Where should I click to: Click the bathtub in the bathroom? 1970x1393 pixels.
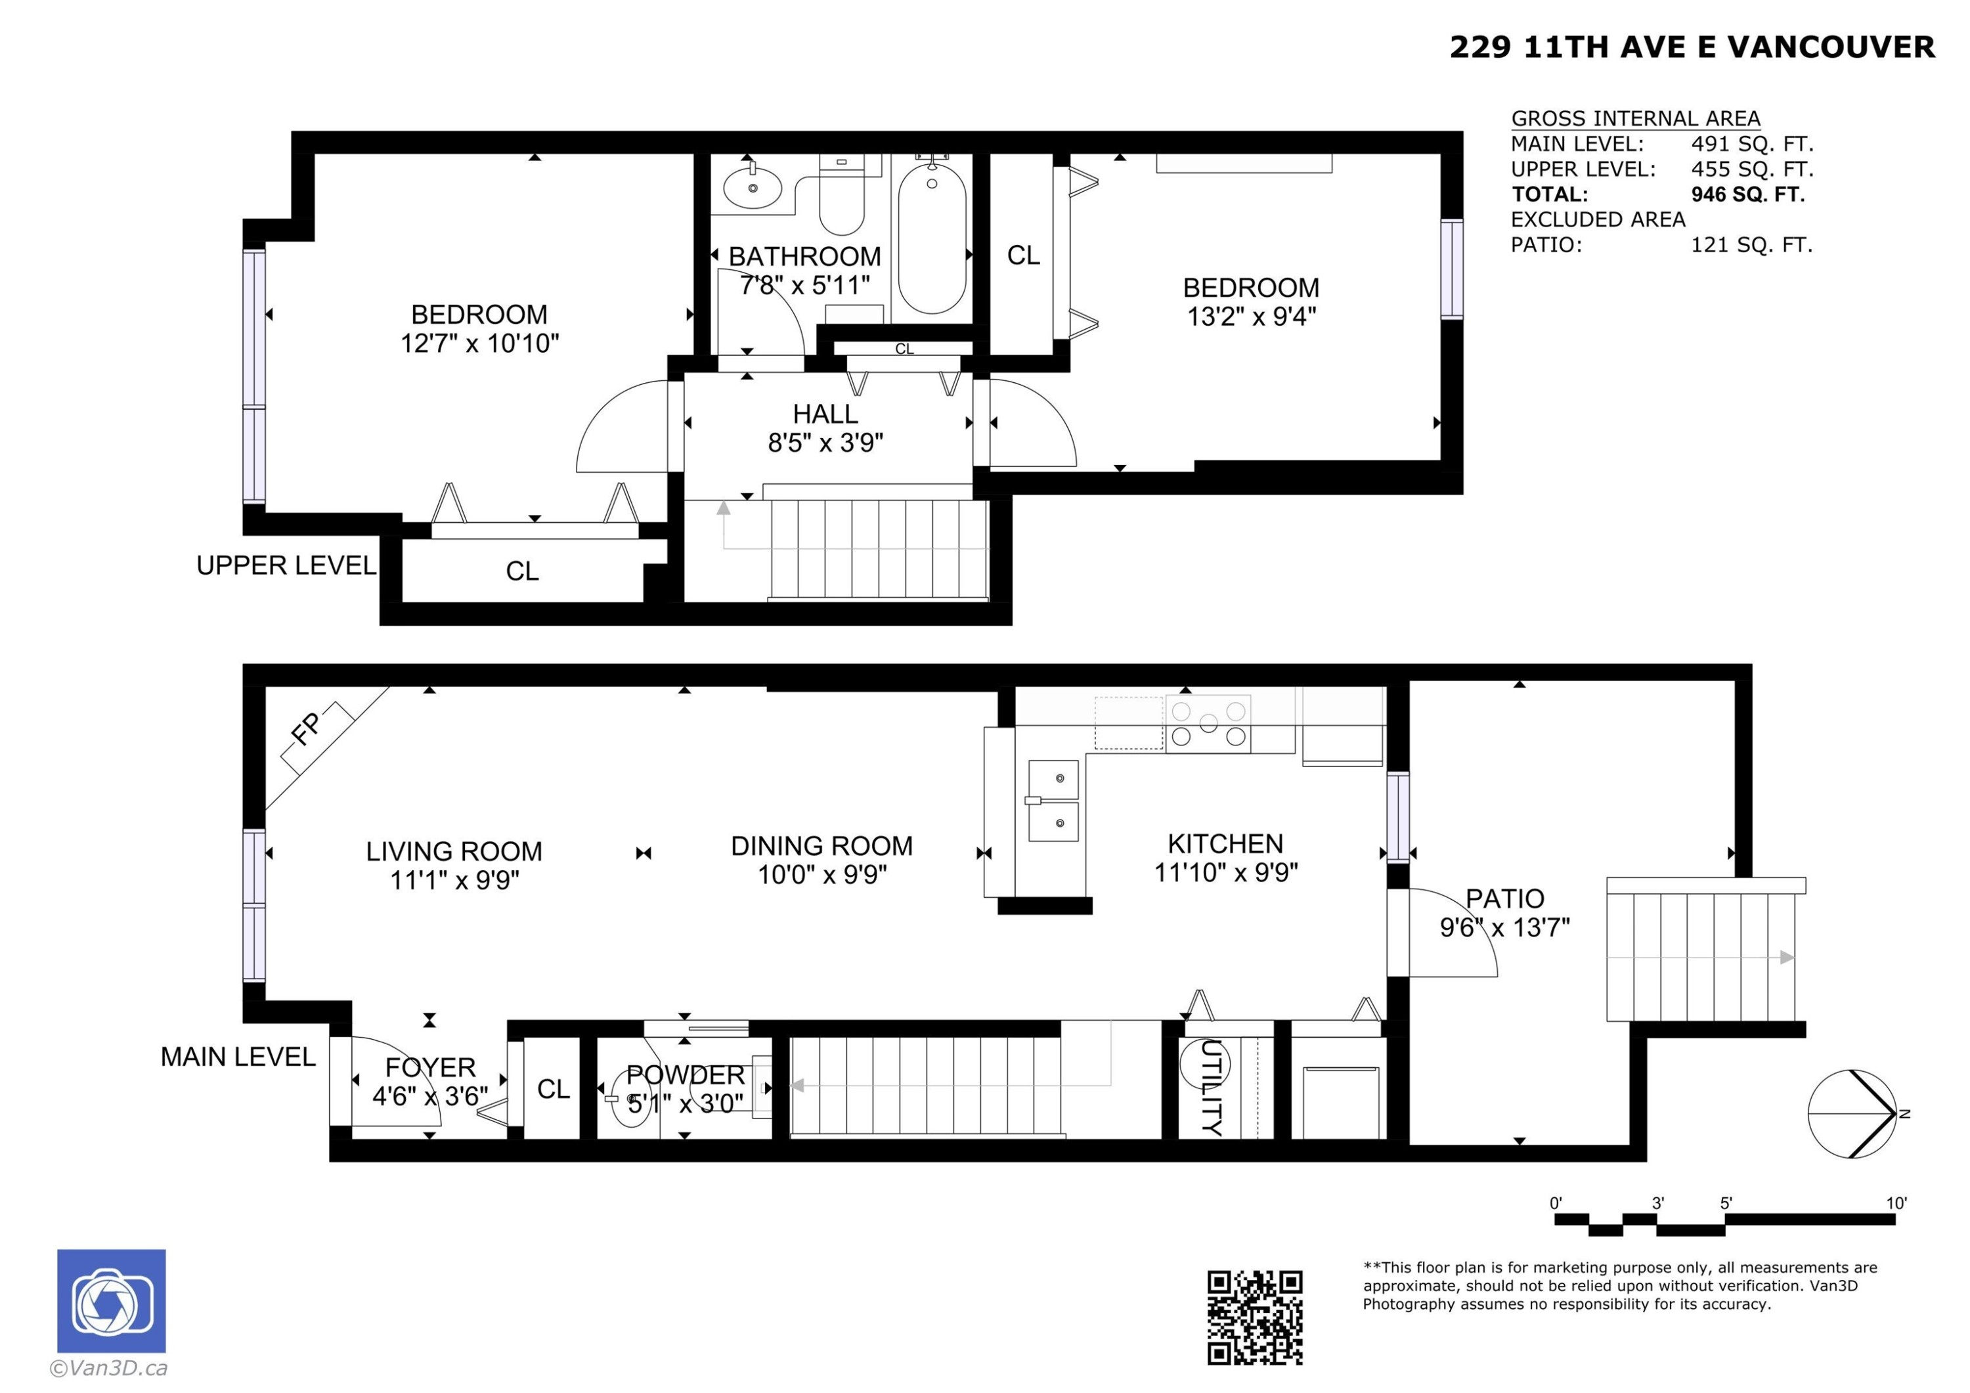tap(932, 238)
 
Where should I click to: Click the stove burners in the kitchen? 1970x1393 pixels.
tap(1208, 724)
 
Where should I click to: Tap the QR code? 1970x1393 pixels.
tap(1254, 1317)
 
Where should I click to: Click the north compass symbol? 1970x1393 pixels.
tap(1853, 1114)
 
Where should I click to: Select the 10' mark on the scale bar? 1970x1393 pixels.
tap(1895, 1203)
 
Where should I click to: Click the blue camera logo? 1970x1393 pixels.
tap(112, 1300)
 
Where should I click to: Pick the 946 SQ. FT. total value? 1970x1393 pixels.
tap(1747, 194)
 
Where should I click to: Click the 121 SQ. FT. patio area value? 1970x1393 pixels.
tap(1751, 244)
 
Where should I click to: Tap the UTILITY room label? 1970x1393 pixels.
tap(1211, 1088)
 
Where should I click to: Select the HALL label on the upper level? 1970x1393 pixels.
tap(825, 414)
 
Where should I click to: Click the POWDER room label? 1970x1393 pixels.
tap(685, 1074)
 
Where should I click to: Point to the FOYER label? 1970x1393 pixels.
tap(430, 1067)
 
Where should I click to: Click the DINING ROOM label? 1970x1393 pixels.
tap(821, 847)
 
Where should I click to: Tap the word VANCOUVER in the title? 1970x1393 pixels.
tap(1830, 47)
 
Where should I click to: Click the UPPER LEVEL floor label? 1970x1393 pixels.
tap(286, 565)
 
